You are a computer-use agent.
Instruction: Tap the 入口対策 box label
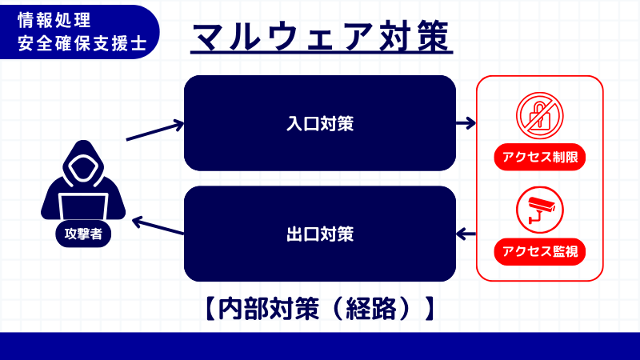pyautogui.click(x=320, y=124)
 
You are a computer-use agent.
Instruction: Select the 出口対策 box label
pyautogui.click(x=320, y=234)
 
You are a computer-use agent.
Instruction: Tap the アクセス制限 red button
pyautogui.click(x=540, y=157)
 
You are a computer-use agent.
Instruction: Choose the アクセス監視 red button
pyautogui.click(x=540, y=252)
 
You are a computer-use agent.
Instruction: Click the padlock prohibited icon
pyautogui.click(x=539, y=114)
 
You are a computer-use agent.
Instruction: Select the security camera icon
pyautogui.click(x=539, y=209)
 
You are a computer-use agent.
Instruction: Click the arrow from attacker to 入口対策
pyautogui.click(x=155, y=131)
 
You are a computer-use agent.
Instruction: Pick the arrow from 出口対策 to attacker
pyautogui.click(x=158, y=226)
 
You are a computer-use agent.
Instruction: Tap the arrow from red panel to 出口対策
pyautogui.click(x=466, y=234)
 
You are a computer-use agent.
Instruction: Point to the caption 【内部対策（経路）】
pyautogui.click(x=318, y=309)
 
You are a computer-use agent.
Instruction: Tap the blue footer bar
pyautogui.click(x=320, y=346)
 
